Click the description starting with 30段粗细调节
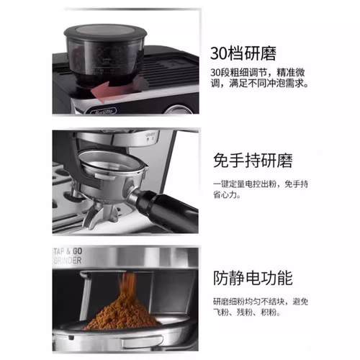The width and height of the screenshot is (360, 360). click(x=260, y=78)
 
